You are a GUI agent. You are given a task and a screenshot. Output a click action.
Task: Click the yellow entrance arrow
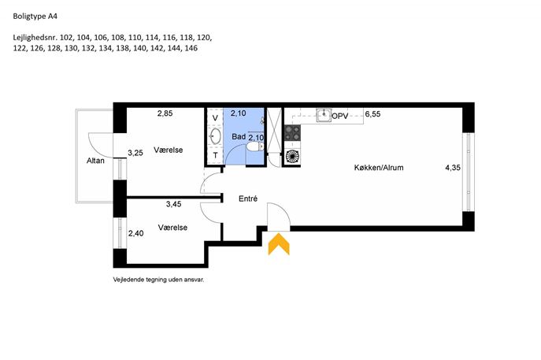(279, 244)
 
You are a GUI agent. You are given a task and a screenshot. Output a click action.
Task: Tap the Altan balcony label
(95, 161)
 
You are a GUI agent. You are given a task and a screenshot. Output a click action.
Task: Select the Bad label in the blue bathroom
(239, 137)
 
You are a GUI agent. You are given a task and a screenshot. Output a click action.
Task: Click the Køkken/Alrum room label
(379, 168)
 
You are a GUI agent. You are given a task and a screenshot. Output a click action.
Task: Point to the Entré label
(248, 199)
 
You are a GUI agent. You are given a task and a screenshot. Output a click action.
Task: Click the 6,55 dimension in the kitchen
(372, 114)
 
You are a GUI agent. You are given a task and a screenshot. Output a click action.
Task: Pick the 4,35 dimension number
(453, 168)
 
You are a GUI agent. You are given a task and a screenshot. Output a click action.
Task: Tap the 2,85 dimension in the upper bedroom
(165, 113)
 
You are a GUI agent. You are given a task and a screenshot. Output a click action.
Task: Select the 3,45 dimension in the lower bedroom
(173, 204)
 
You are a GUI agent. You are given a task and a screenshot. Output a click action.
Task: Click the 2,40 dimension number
(136, 233)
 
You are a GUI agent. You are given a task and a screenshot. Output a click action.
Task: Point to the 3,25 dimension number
(135, 153)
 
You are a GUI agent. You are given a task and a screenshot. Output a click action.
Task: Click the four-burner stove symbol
(292, 133)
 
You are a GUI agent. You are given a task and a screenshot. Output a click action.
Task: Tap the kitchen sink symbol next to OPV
(324, 115)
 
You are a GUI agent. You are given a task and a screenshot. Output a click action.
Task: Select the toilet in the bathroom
(255, 147)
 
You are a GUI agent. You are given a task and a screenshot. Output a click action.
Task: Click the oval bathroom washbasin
(216, 136)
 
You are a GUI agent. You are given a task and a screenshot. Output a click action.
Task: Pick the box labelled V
(215, 117)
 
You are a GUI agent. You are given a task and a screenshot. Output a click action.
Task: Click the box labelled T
(215, 155)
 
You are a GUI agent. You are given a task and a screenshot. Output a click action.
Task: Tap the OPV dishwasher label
(340, 117)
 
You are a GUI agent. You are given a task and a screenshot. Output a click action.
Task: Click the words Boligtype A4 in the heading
(35, 17)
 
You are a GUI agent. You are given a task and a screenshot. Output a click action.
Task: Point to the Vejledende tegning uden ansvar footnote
(159, 280)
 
